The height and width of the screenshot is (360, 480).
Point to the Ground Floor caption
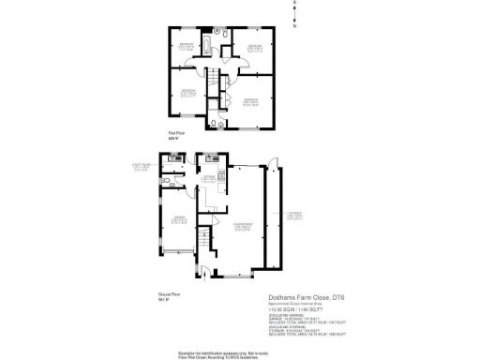(170, 295)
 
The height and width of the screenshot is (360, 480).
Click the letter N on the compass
(294, 26)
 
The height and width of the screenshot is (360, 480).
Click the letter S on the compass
(294, 4)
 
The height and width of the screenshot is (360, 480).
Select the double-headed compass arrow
(294, 15)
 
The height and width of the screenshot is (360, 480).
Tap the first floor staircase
(215, 79)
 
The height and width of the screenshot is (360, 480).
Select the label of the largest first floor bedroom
(251, 102)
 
